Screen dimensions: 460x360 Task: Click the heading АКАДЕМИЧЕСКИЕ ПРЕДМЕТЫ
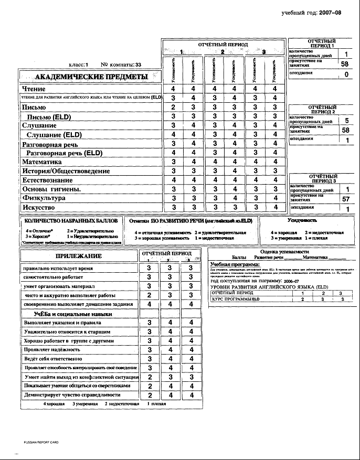pyautogui.click(x=92, y=77)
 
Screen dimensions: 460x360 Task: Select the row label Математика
pyautogui.click(x=42, y=162)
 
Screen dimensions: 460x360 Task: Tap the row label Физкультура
pyautogui.click(x=44, y=198)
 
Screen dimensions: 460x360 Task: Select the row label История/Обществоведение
pyautogui.click(x=66, y=171)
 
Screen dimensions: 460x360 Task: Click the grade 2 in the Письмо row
pyautogui.click(x=173, y=108)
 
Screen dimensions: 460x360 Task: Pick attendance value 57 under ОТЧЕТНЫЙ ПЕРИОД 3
pyautogui.click(x=346, y=199)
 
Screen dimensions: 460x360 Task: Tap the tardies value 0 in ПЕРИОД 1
pyautogui.click(x=346, y=74)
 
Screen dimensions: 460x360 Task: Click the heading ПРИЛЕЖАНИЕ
pyautogui.click(x=79, y=256)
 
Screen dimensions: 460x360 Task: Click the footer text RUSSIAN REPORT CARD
pyautogui.click(x=41, y=442)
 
